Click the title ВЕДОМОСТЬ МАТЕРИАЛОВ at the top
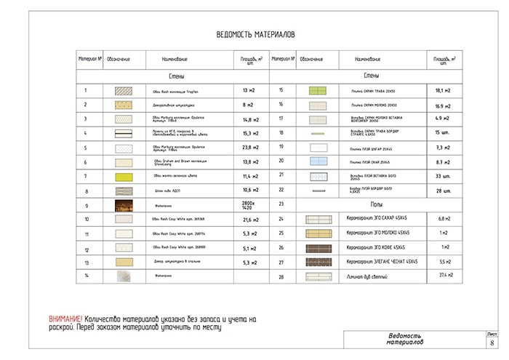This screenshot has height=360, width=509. (x=255, y=34)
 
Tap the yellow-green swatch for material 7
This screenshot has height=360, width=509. (x=122, y=176)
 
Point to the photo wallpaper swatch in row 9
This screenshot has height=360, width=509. (x=122, y=205)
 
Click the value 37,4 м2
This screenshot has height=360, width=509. (x=442, y=276)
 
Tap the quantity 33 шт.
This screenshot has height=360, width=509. (x=443, y=176)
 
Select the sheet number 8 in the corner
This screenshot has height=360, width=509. (x=492, y=343)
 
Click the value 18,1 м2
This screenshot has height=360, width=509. (x=443, y=91)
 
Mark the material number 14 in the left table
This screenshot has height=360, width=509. (x=86, y=276)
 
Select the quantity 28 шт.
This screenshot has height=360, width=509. (x=443, y=190)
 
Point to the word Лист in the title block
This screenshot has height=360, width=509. (x=492, y=334)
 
